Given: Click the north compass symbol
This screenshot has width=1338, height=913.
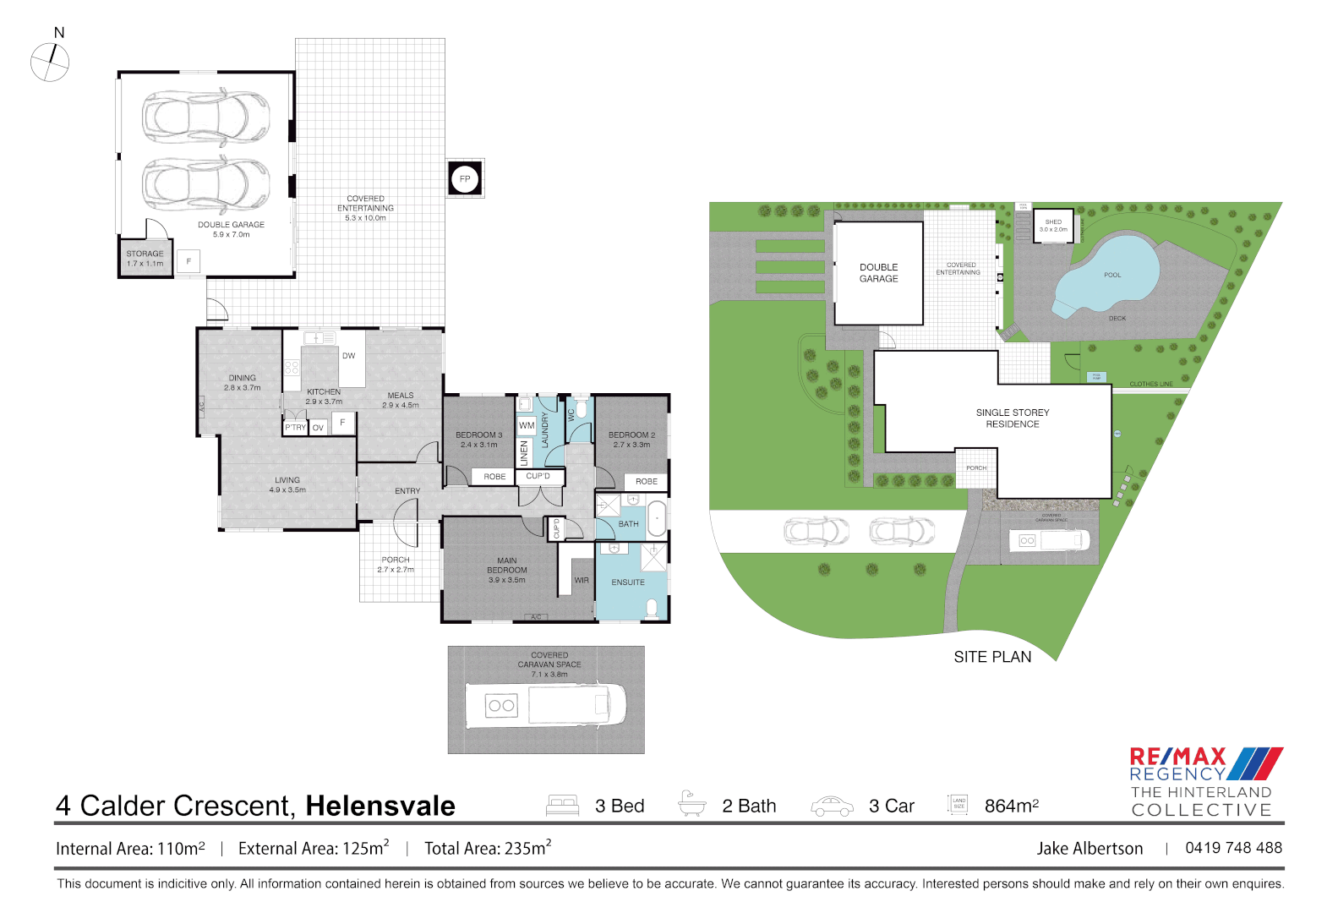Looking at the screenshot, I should [x=50, y=62].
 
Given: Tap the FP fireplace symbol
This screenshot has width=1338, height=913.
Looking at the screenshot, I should [x=464, y=179].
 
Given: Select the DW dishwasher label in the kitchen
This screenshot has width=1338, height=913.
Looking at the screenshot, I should [x=348, y=356].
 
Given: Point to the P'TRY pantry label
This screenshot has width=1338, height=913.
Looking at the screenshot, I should [x=295, y=428].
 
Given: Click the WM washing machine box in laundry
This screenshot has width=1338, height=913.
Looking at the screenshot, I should [x=526, y=425].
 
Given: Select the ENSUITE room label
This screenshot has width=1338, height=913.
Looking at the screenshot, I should [x=628, y=582].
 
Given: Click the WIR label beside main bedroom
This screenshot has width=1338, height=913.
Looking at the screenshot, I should [x=582, y=581].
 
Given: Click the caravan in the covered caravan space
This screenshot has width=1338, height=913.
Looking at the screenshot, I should [x=546, y=704].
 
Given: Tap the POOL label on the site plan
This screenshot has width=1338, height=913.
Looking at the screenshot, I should [x=1112, y=275].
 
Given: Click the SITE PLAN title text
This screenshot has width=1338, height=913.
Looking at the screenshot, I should [x=992, y=657].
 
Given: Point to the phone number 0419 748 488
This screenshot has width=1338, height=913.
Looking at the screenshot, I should [x=1233, y=848].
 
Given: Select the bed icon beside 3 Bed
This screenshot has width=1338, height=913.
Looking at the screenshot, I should [x=562, y=806].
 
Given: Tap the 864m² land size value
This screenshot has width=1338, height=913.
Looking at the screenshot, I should [x=1011, y=806].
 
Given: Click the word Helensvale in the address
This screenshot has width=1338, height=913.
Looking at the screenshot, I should [x=380, y=806].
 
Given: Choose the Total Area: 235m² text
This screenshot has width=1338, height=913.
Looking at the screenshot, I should [x=488, y=848].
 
